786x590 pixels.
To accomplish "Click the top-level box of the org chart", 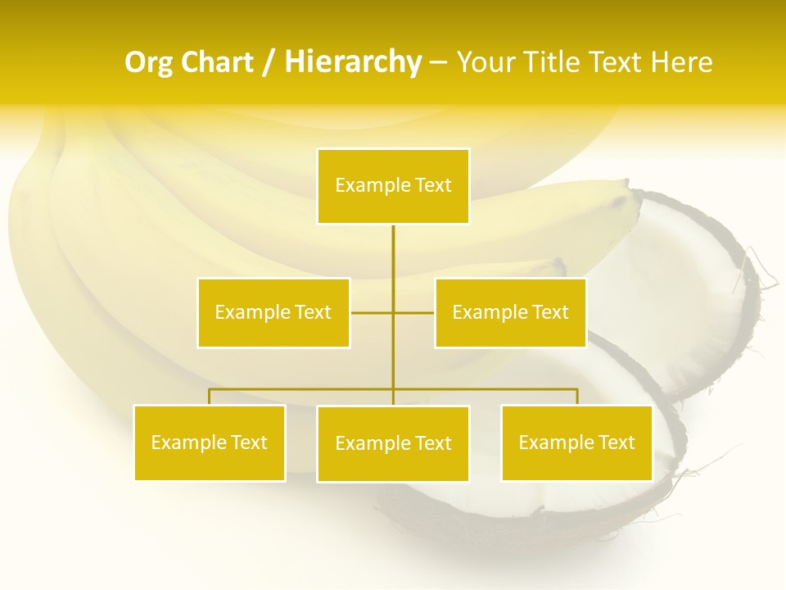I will pyautogui.click(x=393, y=186).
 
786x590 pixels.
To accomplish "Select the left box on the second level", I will pyautogui.click(x=273, y=312).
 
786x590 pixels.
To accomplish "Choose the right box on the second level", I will pyautogui.click(x=510, y=312).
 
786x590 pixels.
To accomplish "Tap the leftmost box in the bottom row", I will pyautogui.click(x=210, y=442).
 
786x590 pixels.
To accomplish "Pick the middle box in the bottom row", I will pyautogui.click(x=393, y=443).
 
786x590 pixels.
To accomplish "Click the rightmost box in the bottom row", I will pyautogui.click(x=576, y=442).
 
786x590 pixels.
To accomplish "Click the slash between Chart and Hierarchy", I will pyautogui.click(x=269, y=62).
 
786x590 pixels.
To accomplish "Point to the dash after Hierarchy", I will pyautogui.click(x=438, y=62).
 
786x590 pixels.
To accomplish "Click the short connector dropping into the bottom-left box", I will pyautogui.click(x=210, y=397).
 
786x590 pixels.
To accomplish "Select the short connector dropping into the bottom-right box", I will pyautogui.click(x=576, y=397).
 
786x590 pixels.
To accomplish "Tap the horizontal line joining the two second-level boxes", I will pyautogui.click(x=373, y=312).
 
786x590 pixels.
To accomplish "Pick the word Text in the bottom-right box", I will pyautogui.click(x=617, y=442).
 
